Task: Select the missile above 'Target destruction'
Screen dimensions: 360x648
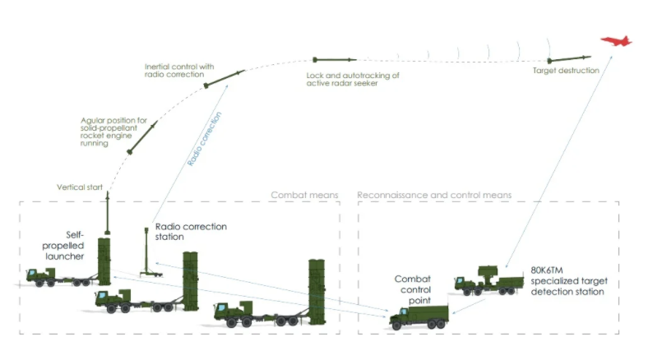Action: (x=567, y=59)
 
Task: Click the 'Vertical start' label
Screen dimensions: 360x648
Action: (x=80, y=187)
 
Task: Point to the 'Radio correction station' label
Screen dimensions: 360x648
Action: (x=191, y=231)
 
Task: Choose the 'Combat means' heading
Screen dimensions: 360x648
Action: (x=304, y=195)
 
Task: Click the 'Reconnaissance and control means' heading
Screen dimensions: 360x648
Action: (x=434, y=195)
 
